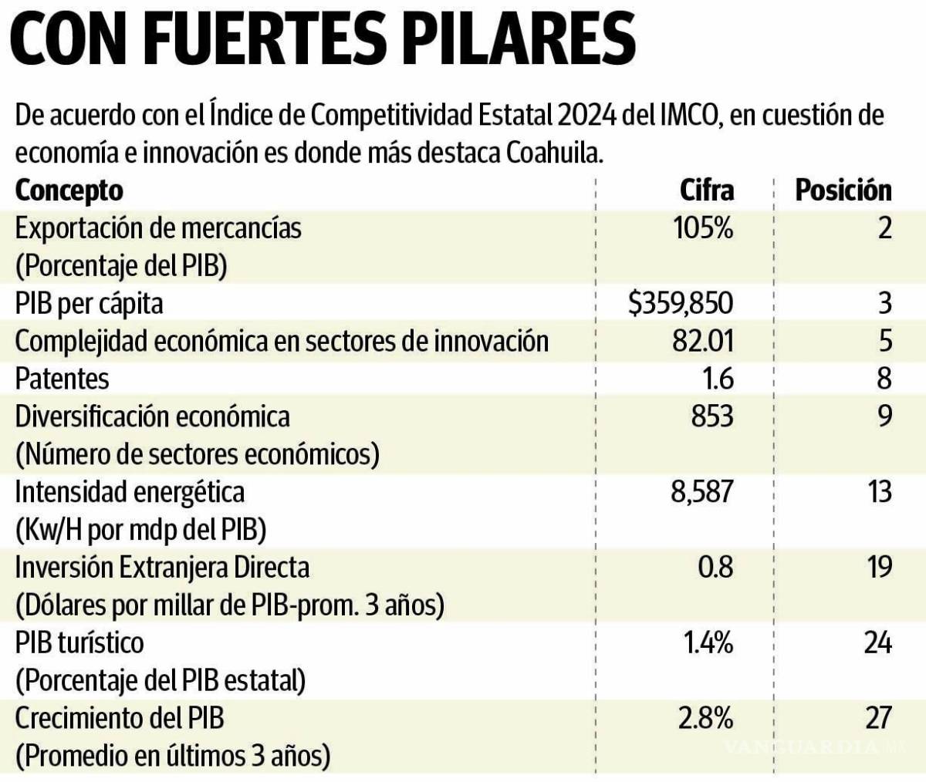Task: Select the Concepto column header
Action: pos(69,190)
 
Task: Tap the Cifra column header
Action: pos(706,190)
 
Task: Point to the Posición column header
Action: pos(843,190)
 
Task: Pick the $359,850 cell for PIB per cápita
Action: pos(681,303)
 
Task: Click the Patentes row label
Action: pos(63,379)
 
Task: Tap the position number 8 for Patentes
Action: pos(884,379)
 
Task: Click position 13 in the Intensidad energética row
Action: pos(877,492)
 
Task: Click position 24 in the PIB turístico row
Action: pos(877,643)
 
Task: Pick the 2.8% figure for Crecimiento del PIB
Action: pos(705,719)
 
